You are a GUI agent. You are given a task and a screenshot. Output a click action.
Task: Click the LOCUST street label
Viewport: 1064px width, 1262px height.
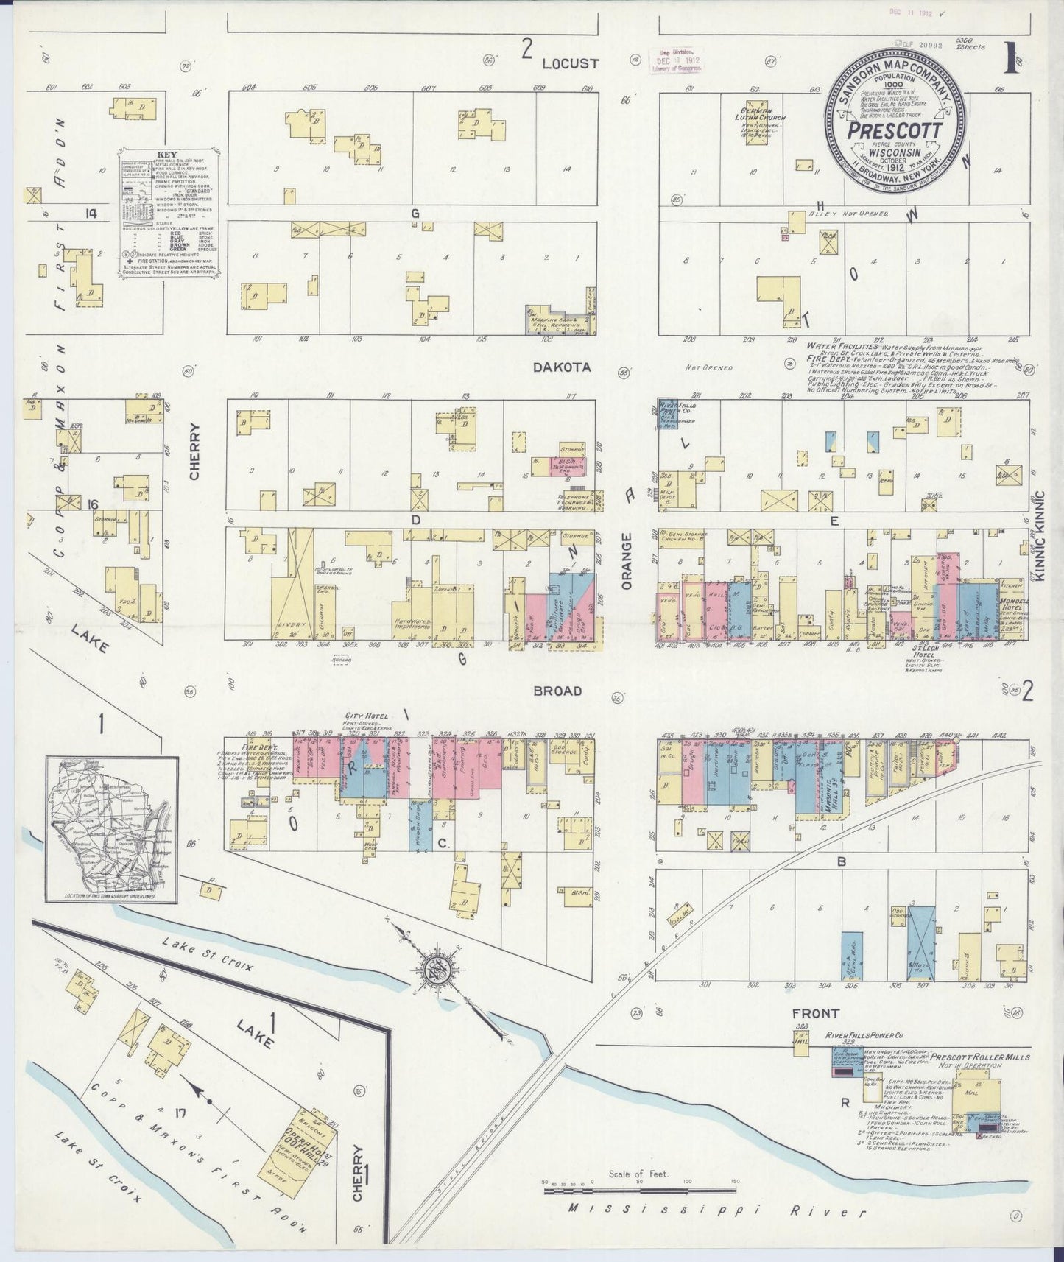pos(570,63)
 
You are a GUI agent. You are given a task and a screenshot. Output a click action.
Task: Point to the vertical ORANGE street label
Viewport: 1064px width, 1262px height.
pos(627,560)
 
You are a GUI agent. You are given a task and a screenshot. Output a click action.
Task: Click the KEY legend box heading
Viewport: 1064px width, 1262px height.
pos(166,155)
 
